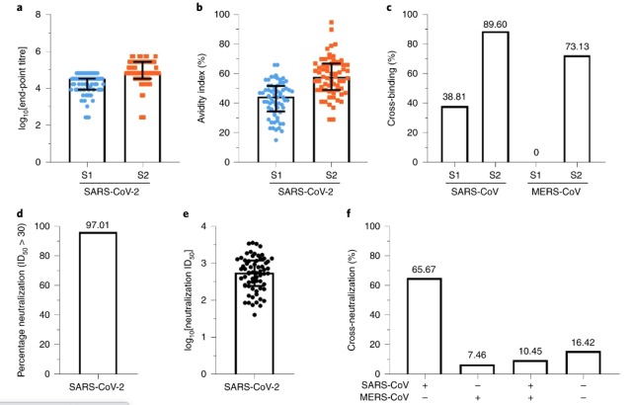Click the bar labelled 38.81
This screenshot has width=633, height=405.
click(x=454, y=133)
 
